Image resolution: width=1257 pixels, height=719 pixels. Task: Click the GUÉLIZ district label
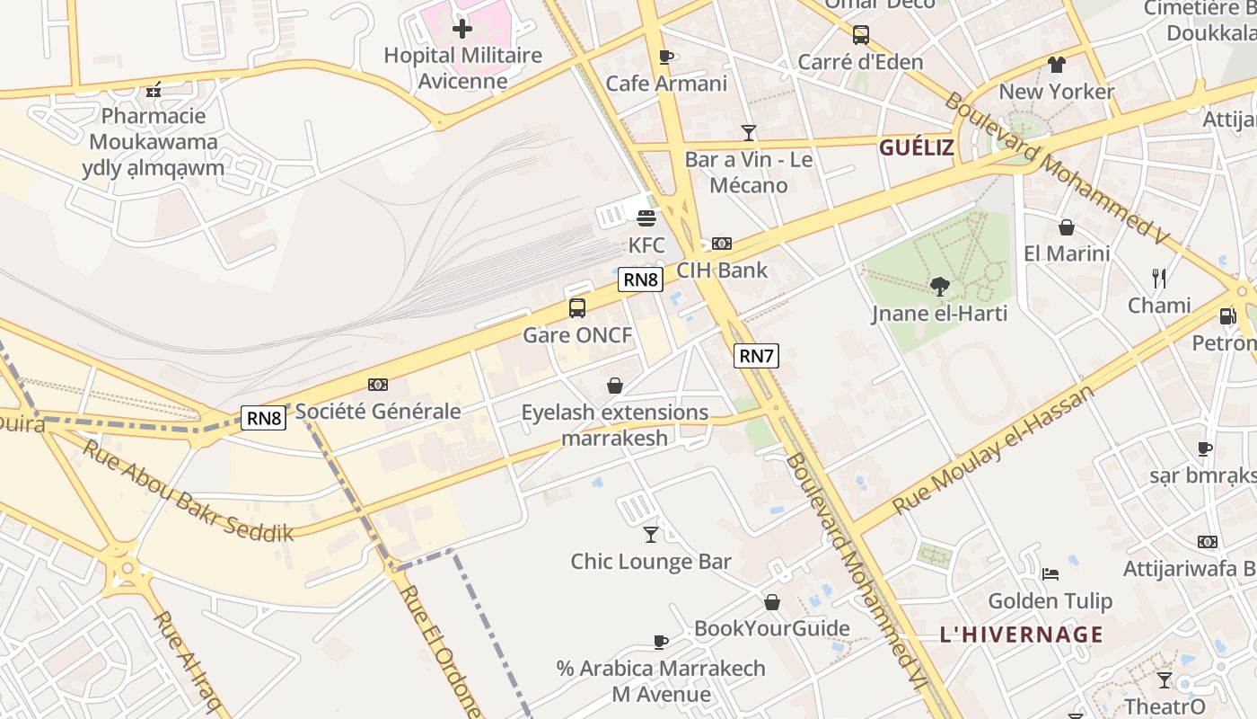coord(916,147)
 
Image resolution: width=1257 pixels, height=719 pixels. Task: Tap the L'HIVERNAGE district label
coord(1021,635)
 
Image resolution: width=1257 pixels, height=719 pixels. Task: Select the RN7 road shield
coord(756,356)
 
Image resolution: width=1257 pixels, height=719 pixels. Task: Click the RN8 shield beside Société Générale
coord(264,417)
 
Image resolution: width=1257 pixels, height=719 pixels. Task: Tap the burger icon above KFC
coord(646,217)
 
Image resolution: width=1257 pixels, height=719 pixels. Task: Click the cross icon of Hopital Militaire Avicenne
coord(462,29)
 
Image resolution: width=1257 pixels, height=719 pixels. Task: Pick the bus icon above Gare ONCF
coord(577,308)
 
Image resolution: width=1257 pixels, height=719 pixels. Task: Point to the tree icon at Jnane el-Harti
coord(939,287)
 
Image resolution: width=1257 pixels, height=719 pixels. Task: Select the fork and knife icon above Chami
coord(1159,279)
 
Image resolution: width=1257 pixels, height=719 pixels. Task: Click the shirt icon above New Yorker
coord(1056,65)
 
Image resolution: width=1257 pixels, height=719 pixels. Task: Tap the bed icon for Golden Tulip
coord(1050,574)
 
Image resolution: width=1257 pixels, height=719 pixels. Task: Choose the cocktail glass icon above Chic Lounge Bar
coord(651,535)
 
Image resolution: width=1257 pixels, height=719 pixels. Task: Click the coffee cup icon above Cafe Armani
coord(665,58)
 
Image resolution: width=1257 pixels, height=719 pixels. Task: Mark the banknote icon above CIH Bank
coord(721,244)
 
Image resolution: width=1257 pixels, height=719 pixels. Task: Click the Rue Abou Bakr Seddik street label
coord(189,490)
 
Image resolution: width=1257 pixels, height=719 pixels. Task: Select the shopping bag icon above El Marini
coord(1067,227)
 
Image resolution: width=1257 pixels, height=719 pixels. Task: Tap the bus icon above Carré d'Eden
coord(860,35)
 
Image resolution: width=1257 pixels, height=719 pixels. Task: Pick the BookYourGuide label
coord(771,627)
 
